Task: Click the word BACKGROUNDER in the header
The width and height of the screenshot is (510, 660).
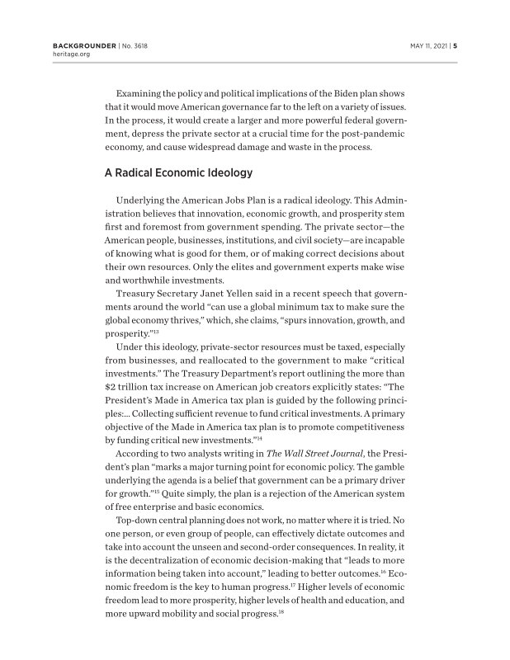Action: (73, 45)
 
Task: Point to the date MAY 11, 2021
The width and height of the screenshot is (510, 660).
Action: (429, 45)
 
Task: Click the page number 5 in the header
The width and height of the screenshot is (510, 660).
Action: (455, 45)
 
